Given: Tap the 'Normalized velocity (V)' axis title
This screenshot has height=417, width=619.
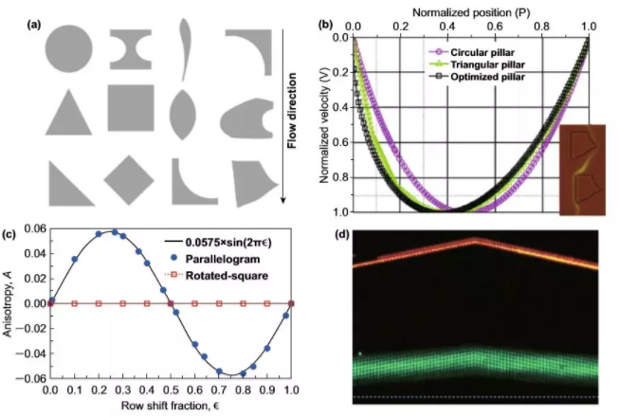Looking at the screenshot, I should click(326, 120).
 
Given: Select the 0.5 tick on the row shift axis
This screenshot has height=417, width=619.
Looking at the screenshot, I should click(170, 389).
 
